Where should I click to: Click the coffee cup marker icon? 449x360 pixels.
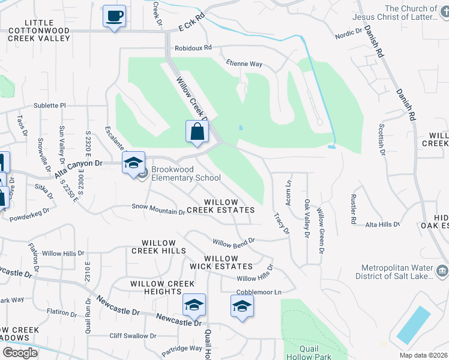click(113, 16)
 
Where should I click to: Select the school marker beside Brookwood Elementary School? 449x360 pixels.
click(133, 163)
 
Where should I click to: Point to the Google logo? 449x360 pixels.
click(19, 353)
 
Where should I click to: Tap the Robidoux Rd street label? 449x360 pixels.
click(193, 47)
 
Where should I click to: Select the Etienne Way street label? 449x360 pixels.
click(244, 64)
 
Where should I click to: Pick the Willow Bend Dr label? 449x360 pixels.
click(234, 242)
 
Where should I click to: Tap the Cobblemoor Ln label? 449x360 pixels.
click(259, 292)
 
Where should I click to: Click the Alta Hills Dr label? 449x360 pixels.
click(382, 224)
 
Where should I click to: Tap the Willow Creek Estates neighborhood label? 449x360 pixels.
click(221, 206)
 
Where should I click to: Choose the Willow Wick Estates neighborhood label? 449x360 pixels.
click(221, 262)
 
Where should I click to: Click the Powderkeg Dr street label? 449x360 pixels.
click(29, 211)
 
